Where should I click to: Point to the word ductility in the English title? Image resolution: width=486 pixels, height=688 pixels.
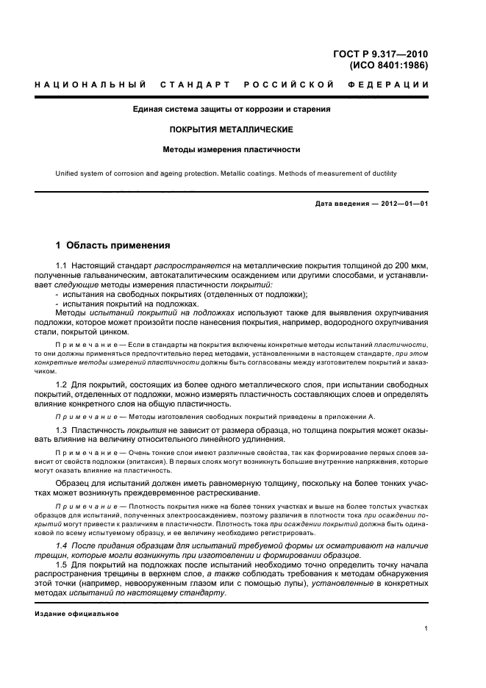[382, 174]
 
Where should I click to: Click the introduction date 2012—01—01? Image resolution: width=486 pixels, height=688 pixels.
[401, 204]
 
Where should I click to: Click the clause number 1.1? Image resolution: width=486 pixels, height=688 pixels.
[62, 265]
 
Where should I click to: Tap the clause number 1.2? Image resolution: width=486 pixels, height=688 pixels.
[62, 384]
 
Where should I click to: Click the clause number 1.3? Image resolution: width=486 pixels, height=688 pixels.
[62, 429]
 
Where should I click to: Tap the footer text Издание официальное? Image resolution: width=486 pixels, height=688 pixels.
[77, 614]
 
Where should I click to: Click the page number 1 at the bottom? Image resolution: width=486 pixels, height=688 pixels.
[426, 628]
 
